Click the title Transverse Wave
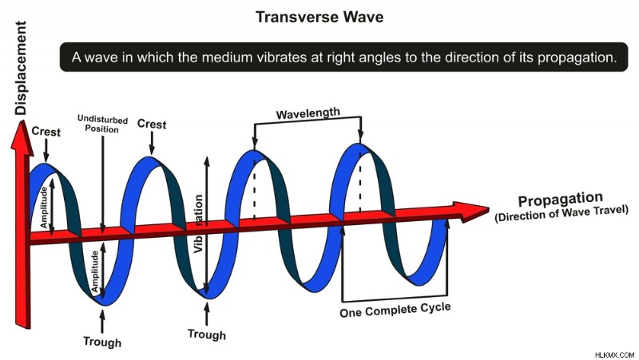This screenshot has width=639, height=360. click(319, 17)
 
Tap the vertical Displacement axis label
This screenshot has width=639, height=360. click(21, 68)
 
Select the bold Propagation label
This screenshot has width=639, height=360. click(561, 199)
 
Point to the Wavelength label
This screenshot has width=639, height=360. click(308, 113)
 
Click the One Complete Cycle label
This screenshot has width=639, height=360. click(395, 310)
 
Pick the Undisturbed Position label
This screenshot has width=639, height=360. click(102, 124)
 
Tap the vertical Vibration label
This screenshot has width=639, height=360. click(198, 224)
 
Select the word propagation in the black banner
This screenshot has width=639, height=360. click(574, 57)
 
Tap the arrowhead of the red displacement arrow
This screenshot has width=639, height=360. click(22, 138)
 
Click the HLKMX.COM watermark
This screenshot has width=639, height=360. click(614, 354)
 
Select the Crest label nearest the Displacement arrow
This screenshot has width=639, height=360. click(46, 132)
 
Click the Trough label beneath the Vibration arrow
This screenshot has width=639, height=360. click(207, 334)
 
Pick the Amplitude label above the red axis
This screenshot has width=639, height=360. click(44, 208)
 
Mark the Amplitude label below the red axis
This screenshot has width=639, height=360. click(95, 271)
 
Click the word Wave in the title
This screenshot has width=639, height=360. click(363, 17)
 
